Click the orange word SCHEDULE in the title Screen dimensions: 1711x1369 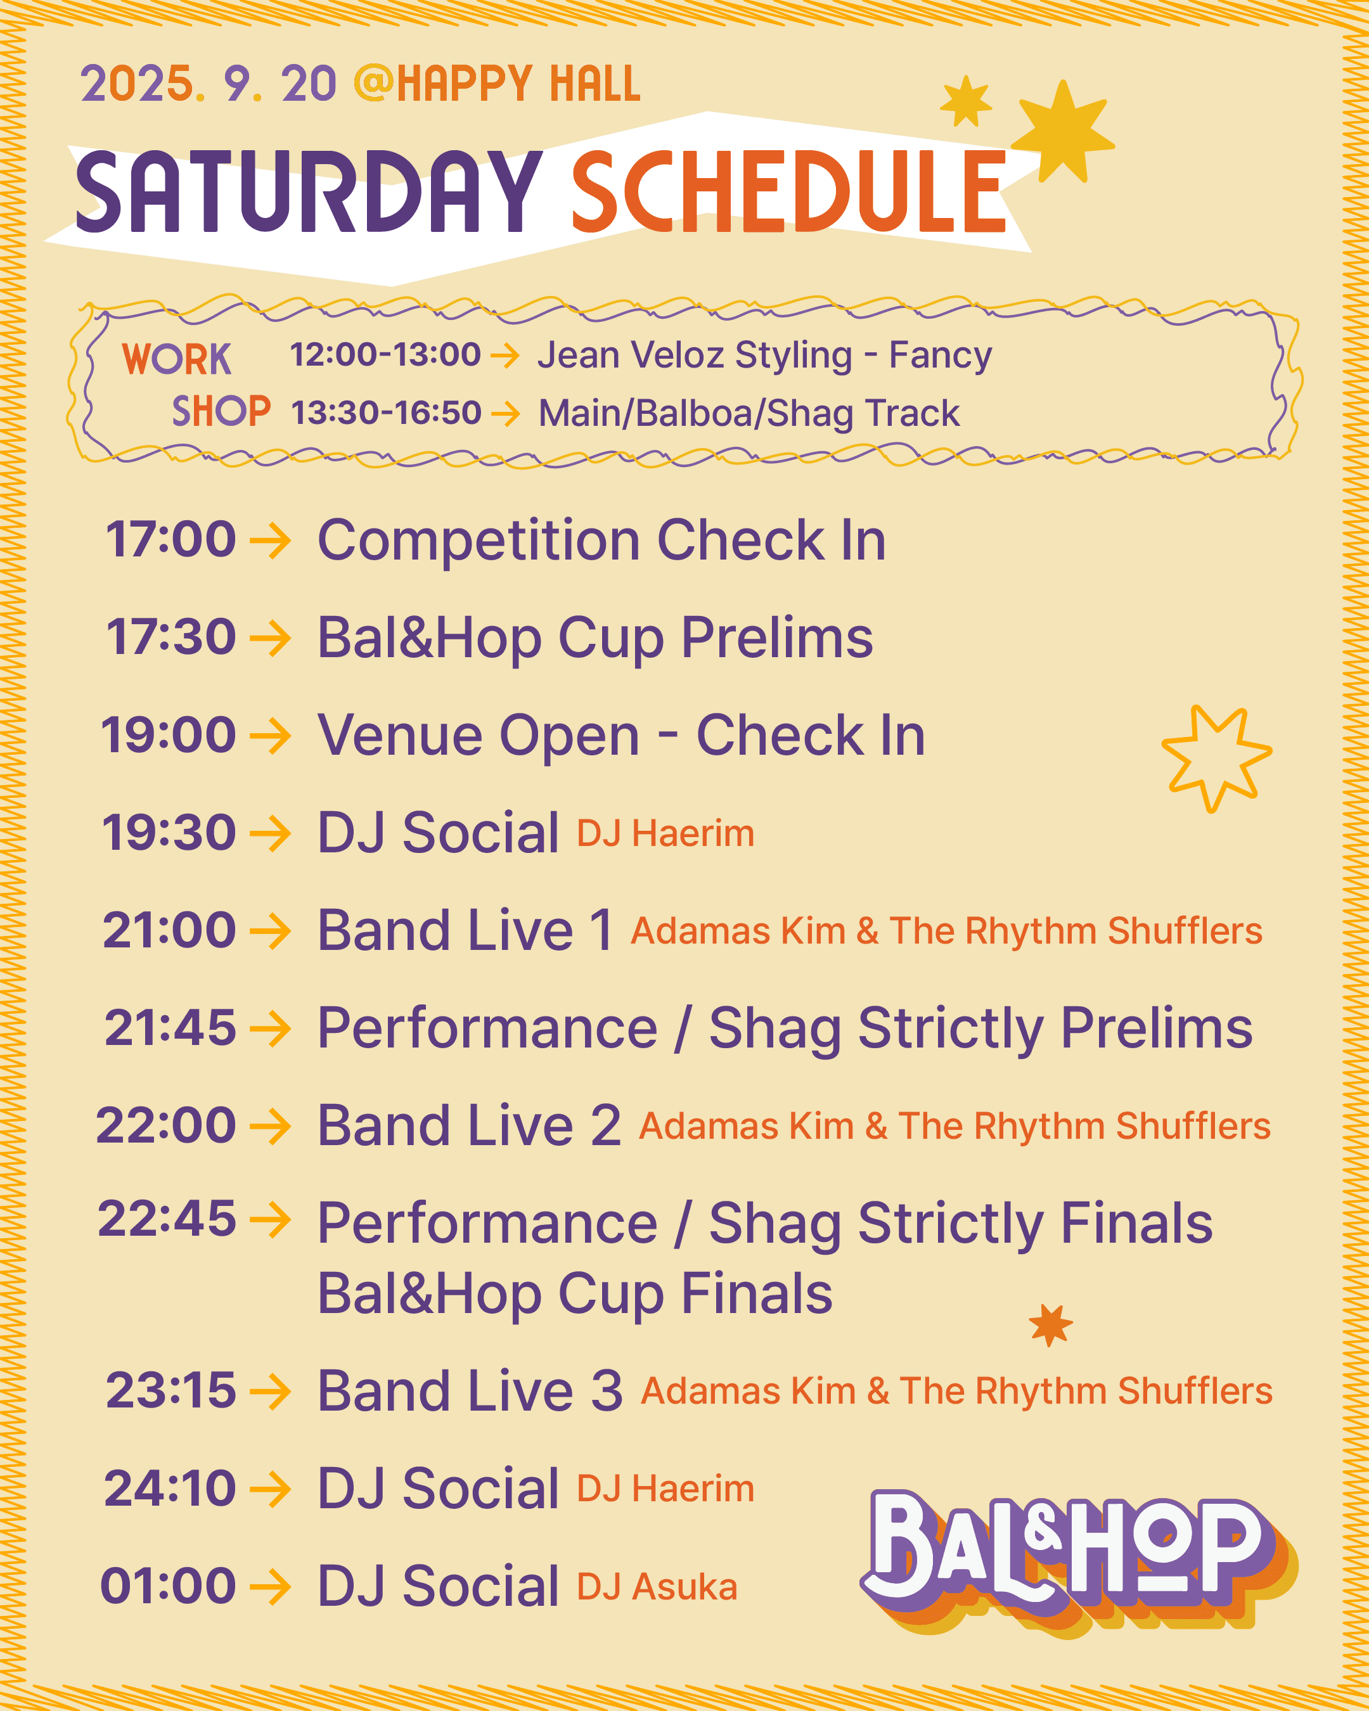pyautogui.click(x=788, y=192)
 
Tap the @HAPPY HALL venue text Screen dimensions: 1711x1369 pyautogui.click(x=497, y=84)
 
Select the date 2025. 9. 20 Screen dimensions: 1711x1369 pyautogui.click(x=208, y=84)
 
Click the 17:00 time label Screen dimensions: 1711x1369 pyautogui.click(x=170, y=540)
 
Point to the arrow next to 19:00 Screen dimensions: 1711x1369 pyautogui.click(x=270, y=735)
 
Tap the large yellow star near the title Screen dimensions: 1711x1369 pyautogui.click(x=1064, y=132)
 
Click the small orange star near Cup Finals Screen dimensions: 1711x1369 pyautogui.click(x=1050, y=1324)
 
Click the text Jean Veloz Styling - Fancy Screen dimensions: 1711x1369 pyautogui.click(x=764, y=355)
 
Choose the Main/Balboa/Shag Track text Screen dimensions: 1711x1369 pyautogui.click(x=749, y=413)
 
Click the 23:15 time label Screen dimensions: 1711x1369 pyautogui.click(x=170, y=1390)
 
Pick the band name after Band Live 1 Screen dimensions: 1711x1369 pyautogui.click(x=946, y=931)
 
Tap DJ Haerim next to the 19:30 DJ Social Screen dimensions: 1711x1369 pyautogui.click(x=665, y=833)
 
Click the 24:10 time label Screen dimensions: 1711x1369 pyautogui.click(x=170, y=1488)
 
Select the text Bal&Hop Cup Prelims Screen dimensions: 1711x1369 pyautogui.click(x=595, y=638)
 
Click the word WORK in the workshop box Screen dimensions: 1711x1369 pyautogui.click(x=176, y=359)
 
